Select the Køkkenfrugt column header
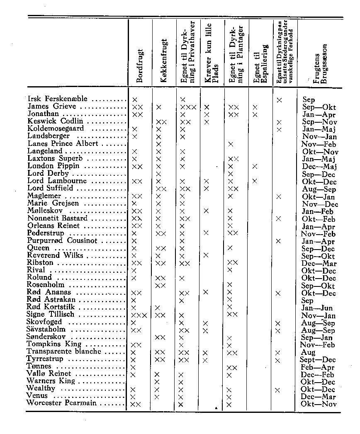click(x=164, y=60)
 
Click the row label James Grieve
click(x=52, y=107)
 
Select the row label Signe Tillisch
click(x=50, y=315)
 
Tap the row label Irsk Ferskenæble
click(x=57, y=99)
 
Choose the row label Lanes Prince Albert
click(x=63, y=144)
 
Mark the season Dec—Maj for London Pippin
click(x=319, y=167)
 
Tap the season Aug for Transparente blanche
click(x=309, y=352)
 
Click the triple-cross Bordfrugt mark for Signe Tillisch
click(x=139, y=315)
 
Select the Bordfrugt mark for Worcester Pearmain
click(x=136, y=404)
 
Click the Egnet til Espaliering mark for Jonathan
click(x=255, y=114)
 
